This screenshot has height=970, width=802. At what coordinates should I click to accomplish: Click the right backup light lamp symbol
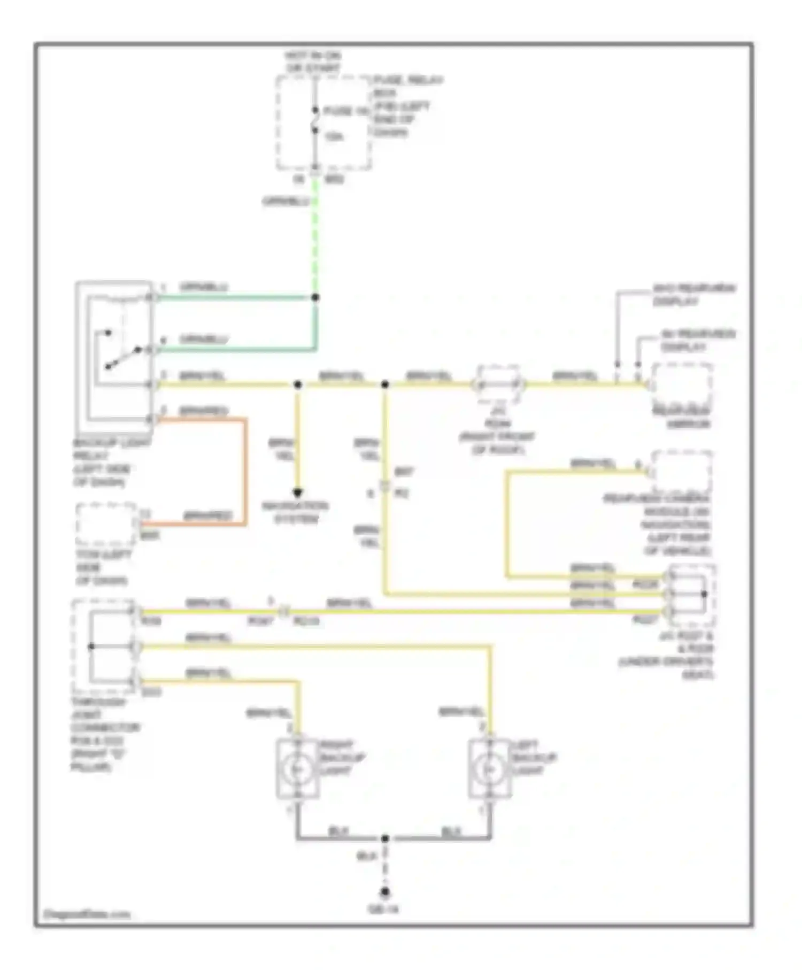(297, 769)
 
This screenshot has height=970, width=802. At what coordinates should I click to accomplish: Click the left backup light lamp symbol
(489, 769)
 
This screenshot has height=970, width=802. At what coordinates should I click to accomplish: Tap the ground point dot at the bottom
(384, 892)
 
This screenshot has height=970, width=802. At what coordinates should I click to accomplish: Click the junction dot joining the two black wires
(384, 838)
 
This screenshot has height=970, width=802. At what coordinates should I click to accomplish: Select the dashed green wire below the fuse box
(315, 235)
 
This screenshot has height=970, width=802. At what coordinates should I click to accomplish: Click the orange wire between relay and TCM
(245, 471)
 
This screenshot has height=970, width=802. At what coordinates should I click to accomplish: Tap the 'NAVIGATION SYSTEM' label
(295, 512)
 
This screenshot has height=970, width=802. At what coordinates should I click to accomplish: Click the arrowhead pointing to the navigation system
(298, 493)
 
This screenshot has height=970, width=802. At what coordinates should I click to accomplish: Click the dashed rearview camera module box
(682, 471)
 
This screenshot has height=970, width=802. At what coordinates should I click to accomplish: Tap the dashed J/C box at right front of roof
(498, 384)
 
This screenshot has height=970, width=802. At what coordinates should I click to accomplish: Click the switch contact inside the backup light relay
(123, 357)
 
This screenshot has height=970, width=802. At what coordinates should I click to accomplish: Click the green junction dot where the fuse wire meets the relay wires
(315, 297)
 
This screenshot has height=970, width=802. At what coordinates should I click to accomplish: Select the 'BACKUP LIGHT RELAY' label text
(105, 462)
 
